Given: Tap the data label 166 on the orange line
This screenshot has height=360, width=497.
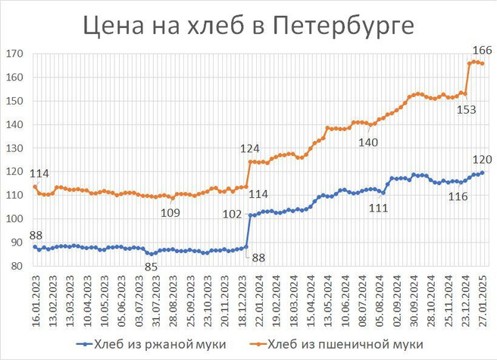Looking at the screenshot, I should point(483,51).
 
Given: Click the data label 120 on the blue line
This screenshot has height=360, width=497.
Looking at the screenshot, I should point(483,159).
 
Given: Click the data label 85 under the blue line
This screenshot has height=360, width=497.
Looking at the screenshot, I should point(152,266).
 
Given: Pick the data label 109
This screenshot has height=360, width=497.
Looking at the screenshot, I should point(170,211).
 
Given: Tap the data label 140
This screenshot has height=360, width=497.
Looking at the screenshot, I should point(368,141).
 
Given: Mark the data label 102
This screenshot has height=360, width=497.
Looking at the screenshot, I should point(232,214).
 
